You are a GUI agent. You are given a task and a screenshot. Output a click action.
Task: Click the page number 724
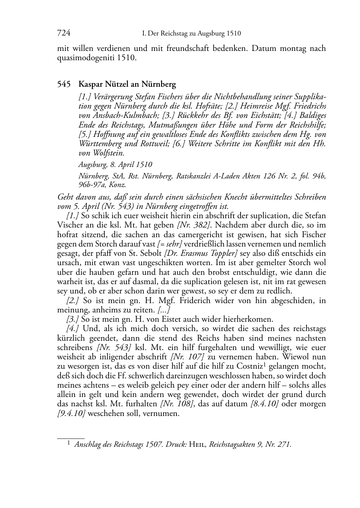(63, 33)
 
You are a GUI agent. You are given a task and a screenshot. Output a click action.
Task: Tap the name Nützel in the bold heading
(119, 85)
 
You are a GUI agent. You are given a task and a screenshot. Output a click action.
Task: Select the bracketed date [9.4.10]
(71, 413)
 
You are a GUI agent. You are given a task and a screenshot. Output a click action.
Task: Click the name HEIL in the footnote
(197, 445)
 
